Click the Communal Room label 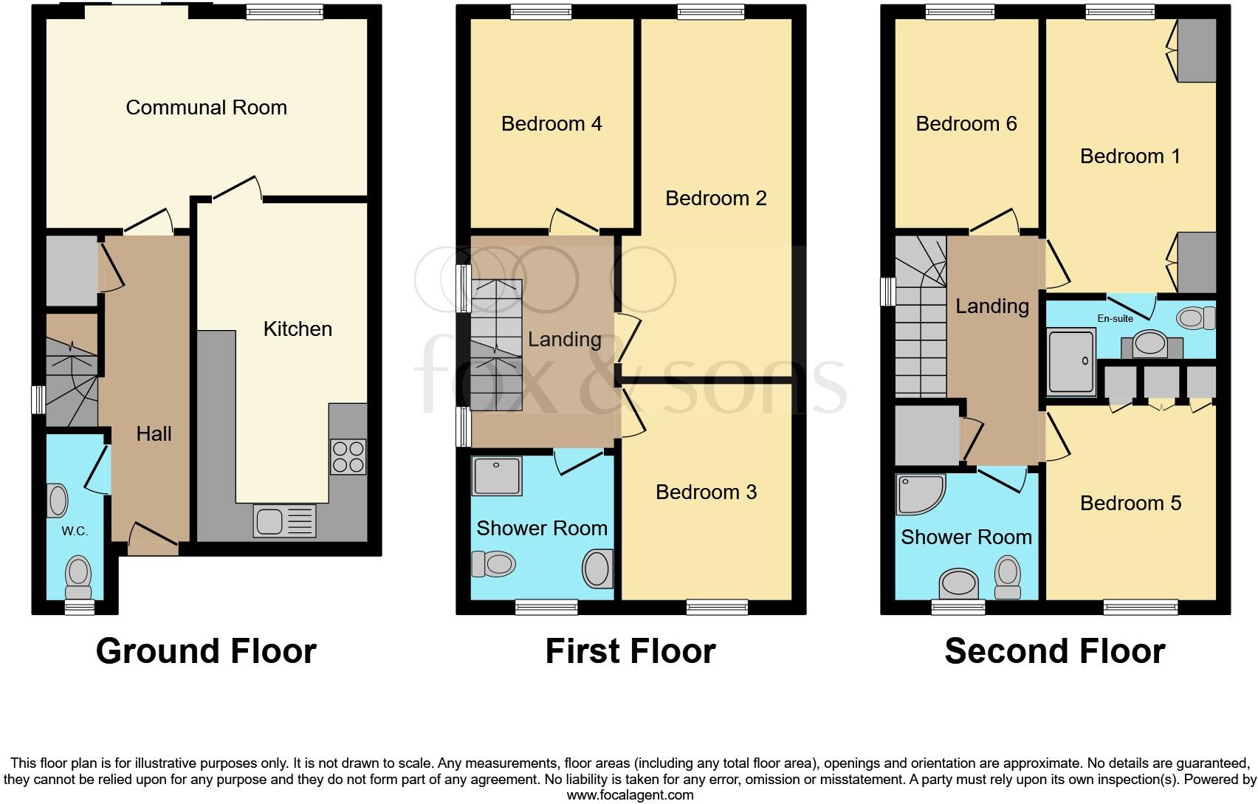coord(206,108)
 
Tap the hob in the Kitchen coord(348,456)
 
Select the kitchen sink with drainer coord(284,520)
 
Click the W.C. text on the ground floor coord(75,531)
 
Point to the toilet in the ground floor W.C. coord(78,577)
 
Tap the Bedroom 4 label coord(551,124)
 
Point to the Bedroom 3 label coord(706,492)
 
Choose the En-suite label coord(1115,319)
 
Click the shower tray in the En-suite coord(1072,361)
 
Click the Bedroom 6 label coord(966,124)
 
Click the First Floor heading coord(630,651)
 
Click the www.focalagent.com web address coord(630,795)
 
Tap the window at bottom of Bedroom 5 coord(1141,607)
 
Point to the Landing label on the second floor coord(991,306)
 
